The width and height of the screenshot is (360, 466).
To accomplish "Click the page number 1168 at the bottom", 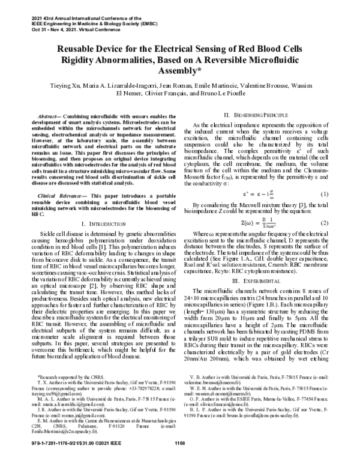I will coord(179,460).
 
